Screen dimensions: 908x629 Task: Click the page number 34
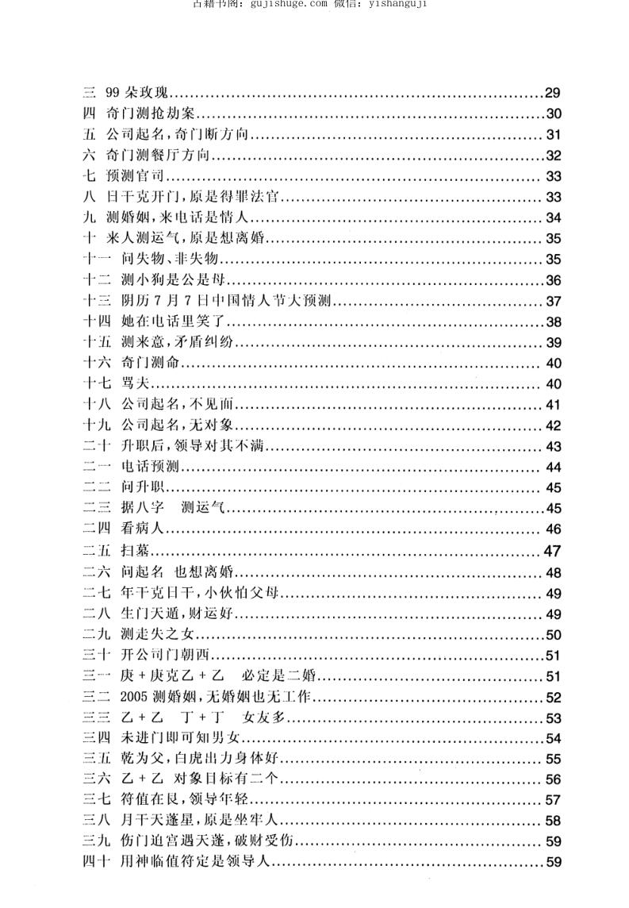pyautogui.click(x=553, y=218)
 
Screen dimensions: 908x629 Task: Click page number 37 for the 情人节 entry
pyautogui.click(x=553, y=302)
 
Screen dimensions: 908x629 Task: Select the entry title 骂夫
pyautogui.click(x=136, y=384)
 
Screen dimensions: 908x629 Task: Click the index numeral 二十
pyautogui.click(x=94, y=447)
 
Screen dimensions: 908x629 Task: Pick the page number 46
pyautogui.click(x=553, y=530)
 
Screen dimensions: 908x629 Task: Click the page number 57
pyautogui.click(x=553, y=802)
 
